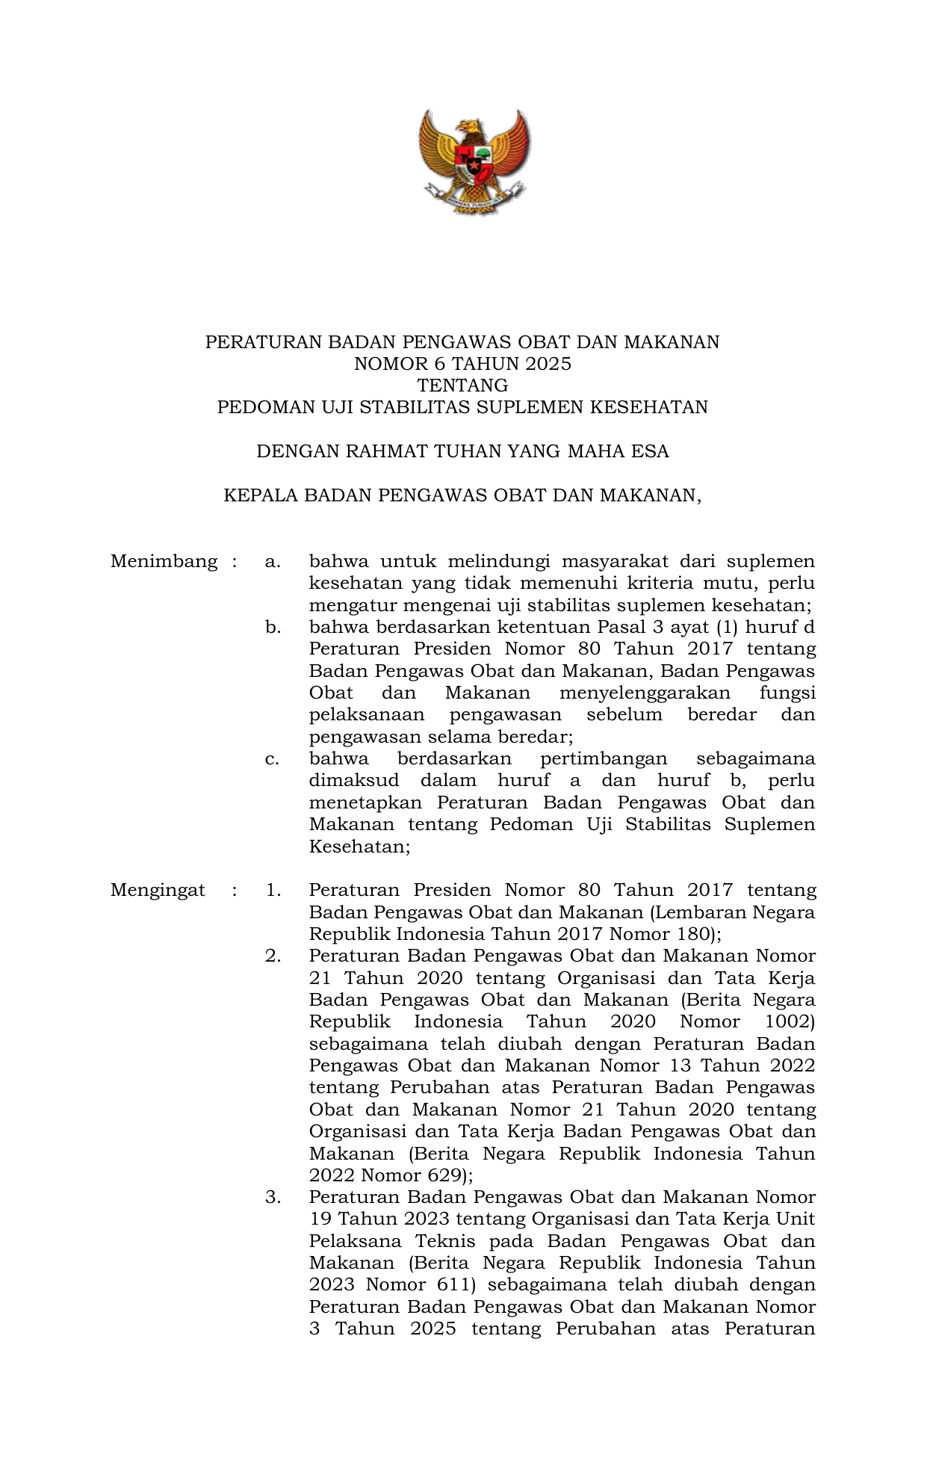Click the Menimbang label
tap(164, 561)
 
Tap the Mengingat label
tap(158, 890)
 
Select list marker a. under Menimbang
tap(273, 561)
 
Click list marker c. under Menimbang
tap(273, 759)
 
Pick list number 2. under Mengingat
tap(273, 956)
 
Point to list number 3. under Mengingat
tap(273, 1197)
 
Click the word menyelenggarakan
tap(645, 693)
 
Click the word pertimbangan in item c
tap(604, 759)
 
